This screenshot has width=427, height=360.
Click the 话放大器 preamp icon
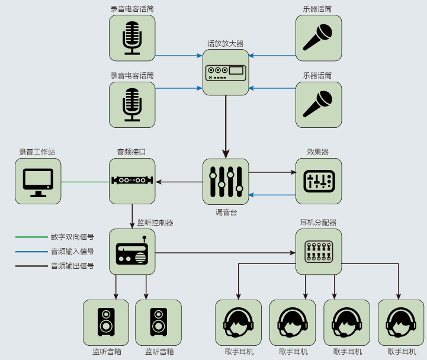click(226, 72)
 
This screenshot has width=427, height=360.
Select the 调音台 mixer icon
click(226, 181)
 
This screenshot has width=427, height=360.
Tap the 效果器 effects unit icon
click(319, 181)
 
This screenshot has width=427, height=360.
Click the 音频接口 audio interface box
click(132, 181)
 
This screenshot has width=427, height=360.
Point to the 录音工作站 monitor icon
click(38, 181)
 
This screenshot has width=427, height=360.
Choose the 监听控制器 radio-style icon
click(132, 251)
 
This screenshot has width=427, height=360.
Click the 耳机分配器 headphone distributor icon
click(319, 251)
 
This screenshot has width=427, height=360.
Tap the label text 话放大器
click(225, 43)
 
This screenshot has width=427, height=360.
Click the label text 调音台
click(226, 212)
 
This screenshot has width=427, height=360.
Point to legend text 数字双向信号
click(72, 237)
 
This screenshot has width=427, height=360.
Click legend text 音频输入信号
click(72, 251)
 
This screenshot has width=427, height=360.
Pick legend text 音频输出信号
click(72, 266)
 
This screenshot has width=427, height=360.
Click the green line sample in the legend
click(31, 237)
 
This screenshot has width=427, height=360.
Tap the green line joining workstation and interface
click(85, 181)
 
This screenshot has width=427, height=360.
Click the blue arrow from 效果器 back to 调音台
click(272, 195)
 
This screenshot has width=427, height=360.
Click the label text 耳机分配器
click(319, 223)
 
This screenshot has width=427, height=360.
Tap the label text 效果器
click(318, 152)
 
